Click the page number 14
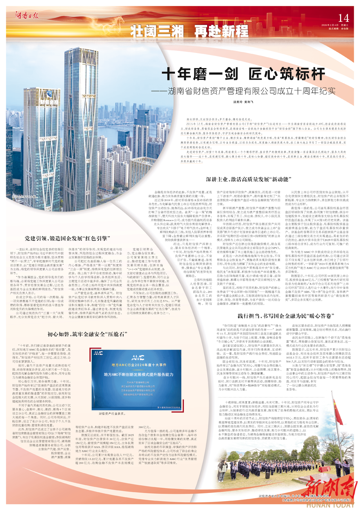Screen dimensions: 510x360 click(343, 18)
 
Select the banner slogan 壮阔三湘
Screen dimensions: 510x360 click(157, 31)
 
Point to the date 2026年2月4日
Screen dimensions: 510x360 click(329, 25)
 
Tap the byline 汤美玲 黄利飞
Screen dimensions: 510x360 click(243, 102)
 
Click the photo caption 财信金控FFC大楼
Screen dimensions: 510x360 click(24, 197)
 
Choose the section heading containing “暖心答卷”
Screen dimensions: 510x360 click(282, 316)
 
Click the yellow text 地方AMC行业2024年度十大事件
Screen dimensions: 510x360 click(139, 365)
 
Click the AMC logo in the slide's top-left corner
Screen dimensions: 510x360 click(98, 353)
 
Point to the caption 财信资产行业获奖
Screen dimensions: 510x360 click(112, 413)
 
